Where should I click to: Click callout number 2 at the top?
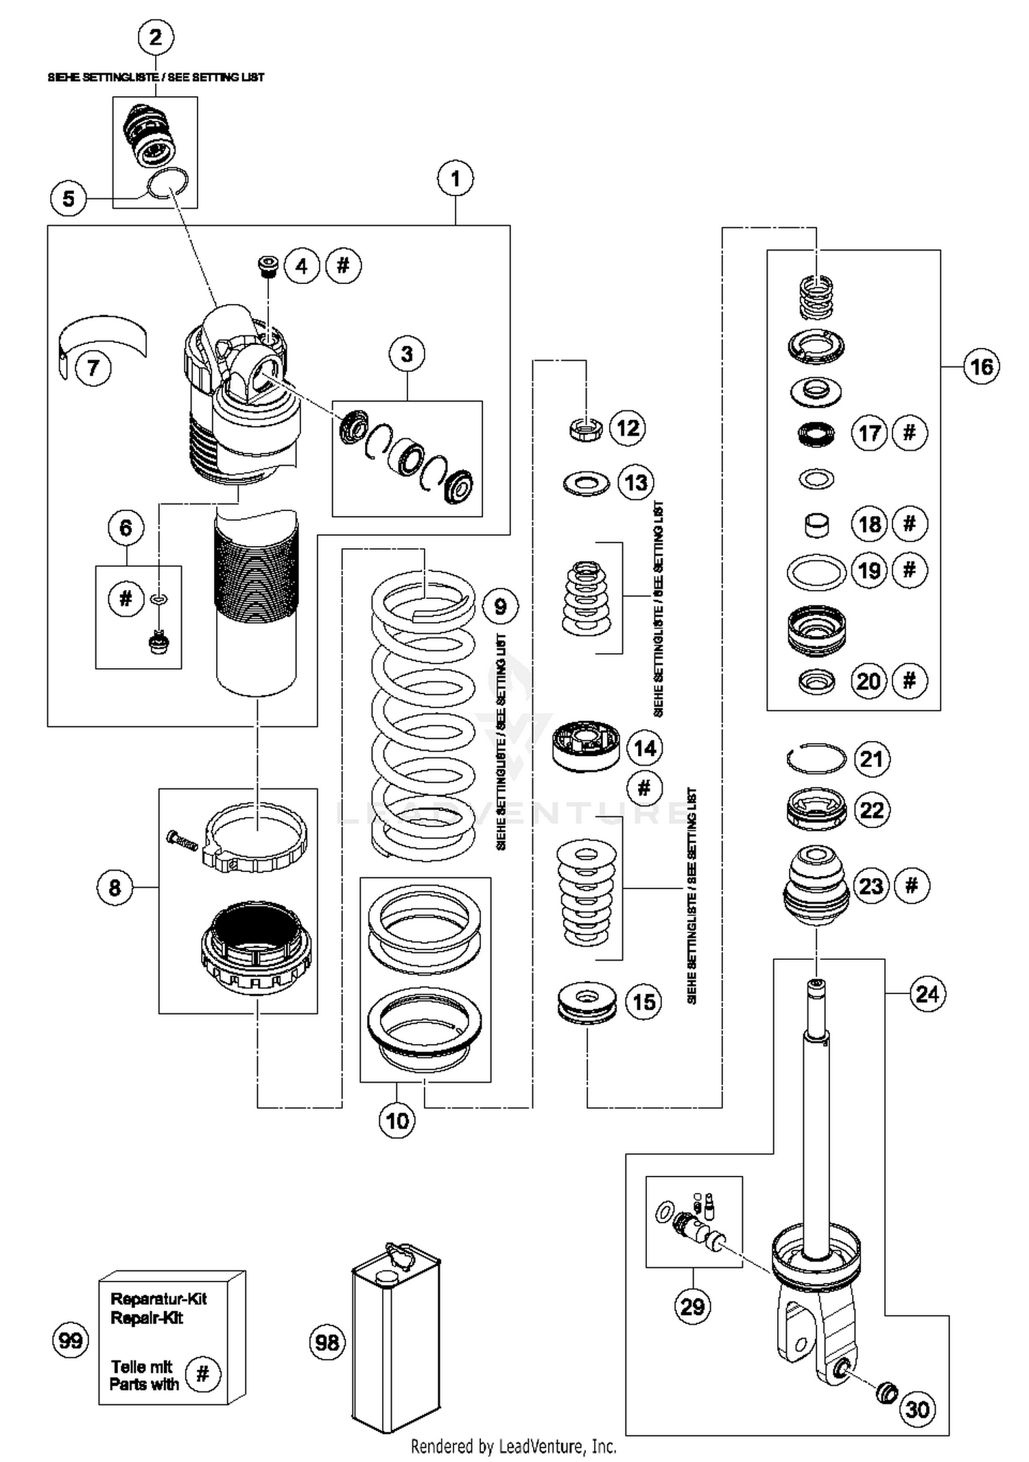pos(156,37)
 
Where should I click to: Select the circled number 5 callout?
pos(69,199)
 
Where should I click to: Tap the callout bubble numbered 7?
pos(93,368)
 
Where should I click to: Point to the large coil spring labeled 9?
pos(423,714)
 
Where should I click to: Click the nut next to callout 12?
pos(586,429)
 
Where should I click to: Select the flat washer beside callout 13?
pos(586,484)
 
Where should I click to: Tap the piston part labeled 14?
pos(584,746)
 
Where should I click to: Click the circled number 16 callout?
pos(981,367)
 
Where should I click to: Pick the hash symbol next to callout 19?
pos(910,569)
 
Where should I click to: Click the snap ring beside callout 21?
pos(816,758)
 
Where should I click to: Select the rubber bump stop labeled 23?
pos(816,885)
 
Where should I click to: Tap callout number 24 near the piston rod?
pos(927,993)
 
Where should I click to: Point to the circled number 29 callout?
pos(692,1306)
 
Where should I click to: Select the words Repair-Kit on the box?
pos(147,1318)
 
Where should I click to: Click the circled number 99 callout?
pos(70,1340)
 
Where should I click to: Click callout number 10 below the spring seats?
pos(397,1120)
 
